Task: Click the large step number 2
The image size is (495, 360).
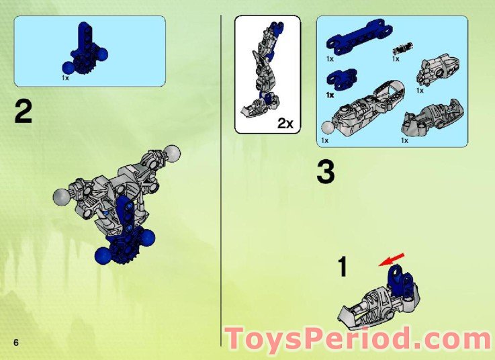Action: tap(23, 111)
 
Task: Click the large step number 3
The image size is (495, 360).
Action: tap(325, 173)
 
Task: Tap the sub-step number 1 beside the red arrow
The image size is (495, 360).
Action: tap(343, 267)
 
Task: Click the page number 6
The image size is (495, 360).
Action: tap(15, 342)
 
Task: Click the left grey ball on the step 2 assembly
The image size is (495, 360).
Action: tap(61, 197)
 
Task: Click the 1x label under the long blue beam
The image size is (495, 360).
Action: tap(330, 59)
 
